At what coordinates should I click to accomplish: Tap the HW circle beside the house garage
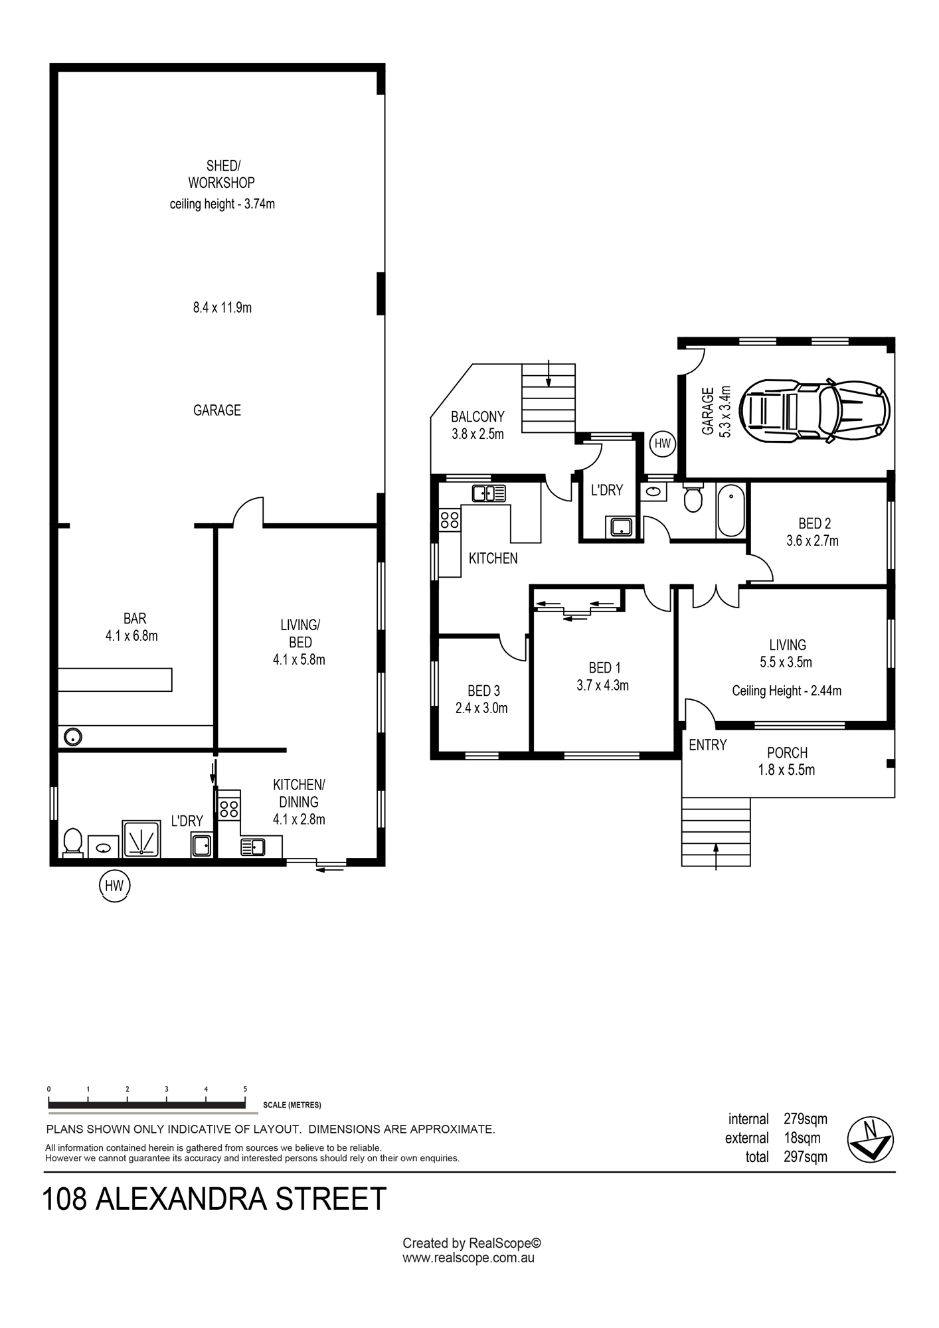coord(663,444)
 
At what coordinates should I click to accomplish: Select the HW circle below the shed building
coord(114,886)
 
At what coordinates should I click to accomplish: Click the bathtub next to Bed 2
coord(731,511)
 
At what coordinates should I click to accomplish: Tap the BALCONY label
coord(477,417)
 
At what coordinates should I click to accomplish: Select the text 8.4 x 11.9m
coord(222,307)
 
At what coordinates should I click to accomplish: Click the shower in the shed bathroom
coord(141,839)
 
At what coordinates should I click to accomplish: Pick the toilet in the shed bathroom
coord(72,842)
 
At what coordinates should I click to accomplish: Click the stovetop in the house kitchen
coord(450,520)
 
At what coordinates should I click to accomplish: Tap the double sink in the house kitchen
coord(489,493)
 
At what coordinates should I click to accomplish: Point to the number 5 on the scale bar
coord(245,1089)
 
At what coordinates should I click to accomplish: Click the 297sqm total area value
coord(806,1157)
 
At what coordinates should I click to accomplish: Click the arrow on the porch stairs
coord(716,855)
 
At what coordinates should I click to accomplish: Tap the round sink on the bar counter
coord(72,736)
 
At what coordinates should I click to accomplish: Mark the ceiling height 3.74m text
coord(222,204)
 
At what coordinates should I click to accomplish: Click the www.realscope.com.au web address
coord(469,1258)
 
